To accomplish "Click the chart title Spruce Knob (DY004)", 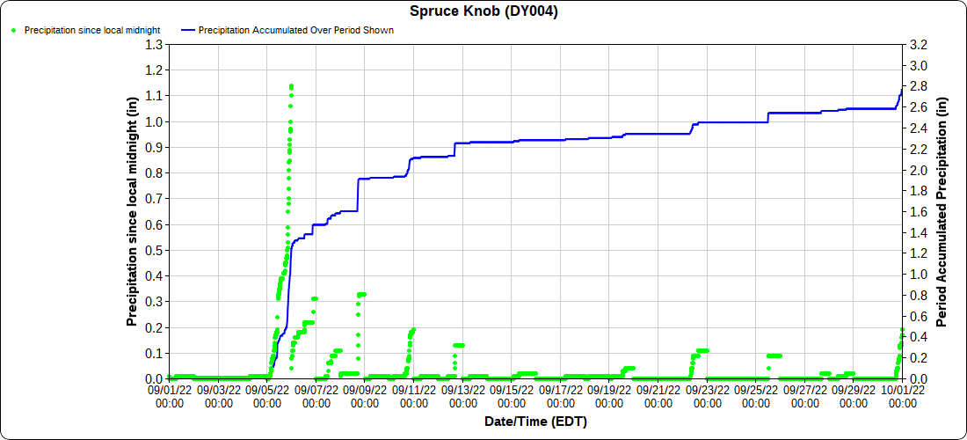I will pyautogui.click(x=484, y=11).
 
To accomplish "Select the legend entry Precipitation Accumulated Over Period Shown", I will pyautogui.click(x=295, y=30).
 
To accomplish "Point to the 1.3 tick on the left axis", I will pyautogui.click(x=156, y=44).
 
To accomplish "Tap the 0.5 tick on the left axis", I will pyautogui.click(x=156, y=250).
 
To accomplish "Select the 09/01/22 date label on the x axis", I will pyautogui.click(x=169, y=394).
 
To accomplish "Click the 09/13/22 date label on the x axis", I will pyautogui.click(x=462, y=394).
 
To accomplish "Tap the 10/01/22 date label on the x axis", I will pyautogui.click(x=902, y=394).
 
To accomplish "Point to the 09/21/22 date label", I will pyautogui.click(x=658, y=394).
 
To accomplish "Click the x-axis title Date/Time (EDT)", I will pyautogui.click(x=535, y=422).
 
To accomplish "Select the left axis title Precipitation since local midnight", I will pyautogui.click(x=133, y=211).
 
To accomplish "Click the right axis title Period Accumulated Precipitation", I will pyautogui.click(x=942, y=211).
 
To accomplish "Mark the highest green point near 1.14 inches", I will pyautogui.click(x=291, y=86).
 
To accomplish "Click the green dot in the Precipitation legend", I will pyautogui.click(x=14, y=30).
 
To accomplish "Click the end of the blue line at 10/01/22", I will pyautogui.click(x=902, y=90).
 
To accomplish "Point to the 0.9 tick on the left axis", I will pyautogui.click(x=156, y=147).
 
